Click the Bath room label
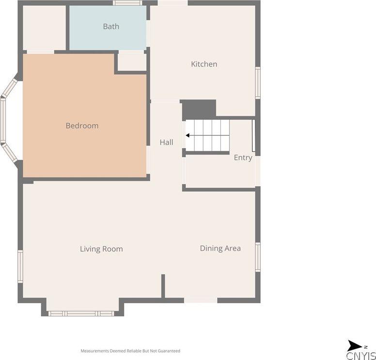[x=111, y=26]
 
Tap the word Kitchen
[x=204, y=64]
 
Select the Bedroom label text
[x=82, y=126]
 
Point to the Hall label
[x=166, y=143]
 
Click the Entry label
[x=243, y=158]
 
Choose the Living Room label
[x=101, y=249]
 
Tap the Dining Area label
[x=220, y=248]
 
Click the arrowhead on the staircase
[x=188, y=135]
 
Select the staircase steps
[x=208, y=135]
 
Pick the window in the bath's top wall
[x=127, y=2]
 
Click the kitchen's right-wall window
[x=258, y=82]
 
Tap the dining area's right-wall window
[x=258, y=257]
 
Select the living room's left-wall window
[x=20, y=266]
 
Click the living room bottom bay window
[x=81, y=313]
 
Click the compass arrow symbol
[x=355, y=345]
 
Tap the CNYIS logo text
[x=361, y=355]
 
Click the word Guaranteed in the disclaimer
[x=169, y=351]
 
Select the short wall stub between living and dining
[x=163, y=286]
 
